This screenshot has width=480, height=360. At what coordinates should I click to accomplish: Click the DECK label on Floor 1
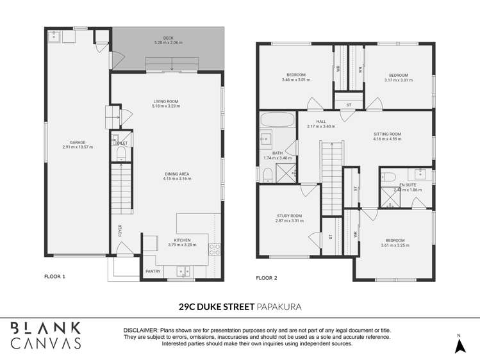coord(169,38)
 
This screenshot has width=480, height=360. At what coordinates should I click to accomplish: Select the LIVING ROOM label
coord(165,101)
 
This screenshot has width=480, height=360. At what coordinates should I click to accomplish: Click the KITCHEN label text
coord(182,240)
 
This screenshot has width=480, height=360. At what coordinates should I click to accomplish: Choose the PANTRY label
coord(153,271)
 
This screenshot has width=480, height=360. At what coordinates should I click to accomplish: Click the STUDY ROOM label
coord(288,216)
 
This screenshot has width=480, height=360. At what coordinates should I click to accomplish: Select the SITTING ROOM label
coord(387,135)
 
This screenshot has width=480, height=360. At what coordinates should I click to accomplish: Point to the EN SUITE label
coord(408,185)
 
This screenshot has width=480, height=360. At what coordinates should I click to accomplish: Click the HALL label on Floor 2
coord(321,121)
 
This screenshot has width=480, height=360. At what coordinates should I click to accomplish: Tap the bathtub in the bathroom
coord(277,120)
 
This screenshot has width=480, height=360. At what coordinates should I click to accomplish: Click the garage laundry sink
coord(53,35)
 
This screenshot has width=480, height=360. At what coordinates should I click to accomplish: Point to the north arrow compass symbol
coord(459,345)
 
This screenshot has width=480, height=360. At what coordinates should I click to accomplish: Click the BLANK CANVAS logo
coord(47,335)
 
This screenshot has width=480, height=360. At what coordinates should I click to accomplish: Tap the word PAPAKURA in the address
coord(279,307)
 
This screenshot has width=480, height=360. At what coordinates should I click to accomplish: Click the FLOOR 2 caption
coord(267,278)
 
